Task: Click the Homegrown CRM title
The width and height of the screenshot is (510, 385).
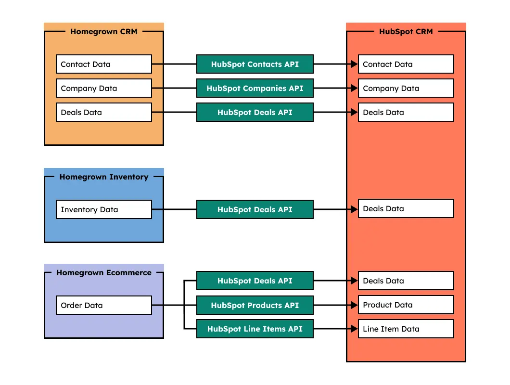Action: coord(103,32)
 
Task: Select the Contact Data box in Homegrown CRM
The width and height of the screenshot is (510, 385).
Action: coord(104,64)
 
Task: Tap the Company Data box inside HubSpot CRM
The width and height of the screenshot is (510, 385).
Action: coord(406,88)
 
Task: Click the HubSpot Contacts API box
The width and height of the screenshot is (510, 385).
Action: coord(255,64)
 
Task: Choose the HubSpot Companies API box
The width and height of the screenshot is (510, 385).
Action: coord(255,88)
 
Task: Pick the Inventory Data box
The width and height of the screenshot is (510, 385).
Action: coord(104,209)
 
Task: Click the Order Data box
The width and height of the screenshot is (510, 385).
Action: coord(104,305)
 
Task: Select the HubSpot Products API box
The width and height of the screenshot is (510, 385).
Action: coord(255,305)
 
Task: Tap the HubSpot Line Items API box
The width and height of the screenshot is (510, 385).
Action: coord(255,329)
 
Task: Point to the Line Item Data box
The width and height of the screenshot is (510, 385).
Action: coord(406,329)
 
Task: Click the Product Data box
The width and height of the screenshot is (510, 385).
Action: coord(406,305)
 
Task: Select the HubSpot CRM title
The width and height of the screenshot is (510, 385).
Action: coord(406,32)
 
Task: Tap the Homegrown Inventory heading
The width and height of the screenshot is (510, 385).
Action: coord(103,177)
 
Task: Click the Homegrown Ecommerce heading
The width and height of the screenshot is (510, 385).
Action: coord(103,273)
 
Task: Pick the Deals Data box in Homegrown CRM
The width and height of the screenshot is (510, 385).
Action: coord(104,112)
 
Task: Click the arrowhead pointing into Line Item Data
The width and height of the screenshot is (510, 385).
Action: coord(355,329)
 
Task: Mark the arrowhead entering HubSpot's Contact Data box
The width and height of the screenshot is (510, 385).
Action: coord(355,64)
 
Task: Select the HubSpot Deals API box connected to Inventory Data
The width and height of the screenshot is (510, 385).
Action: coord(255,209)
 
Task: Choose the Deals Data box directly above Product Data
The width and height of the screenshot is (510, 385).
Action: coord(406,281)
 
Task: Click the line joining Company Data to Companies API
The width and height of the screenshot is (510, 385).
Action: coord(174,88)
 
